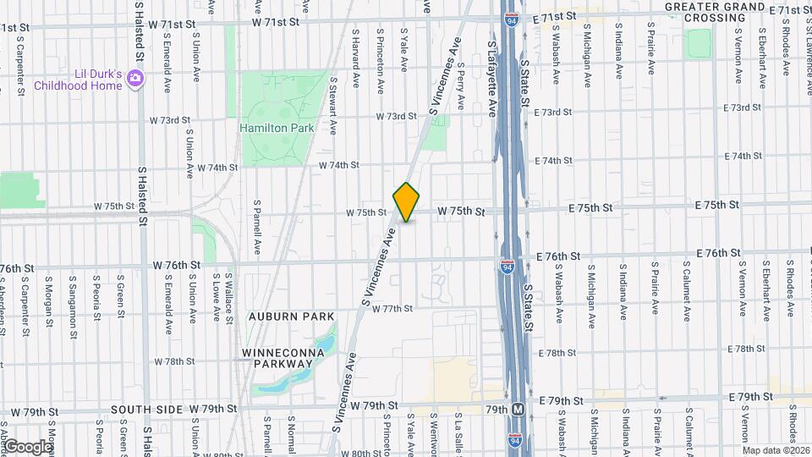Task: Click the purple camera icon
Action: click(134, 79)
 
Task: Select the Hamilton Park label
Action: click(277, 128)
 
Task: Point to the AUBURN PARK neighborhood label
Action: click(279, 316)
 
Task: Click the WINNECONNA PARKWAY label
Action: click(277, 357)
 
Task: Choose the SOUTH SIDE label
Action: click(147, 410)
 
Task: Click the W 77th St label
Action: click(391, 309)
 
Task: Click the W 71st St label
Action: click(277, 22)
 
